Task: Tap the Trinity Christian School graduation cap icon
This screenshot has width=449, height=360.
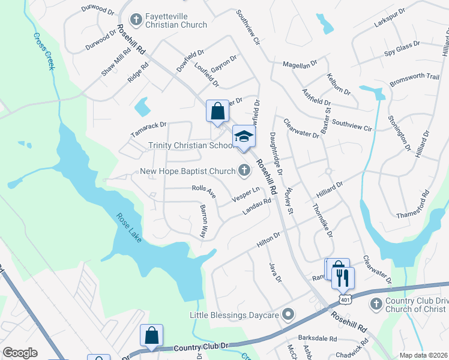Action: click(x=244, y=137)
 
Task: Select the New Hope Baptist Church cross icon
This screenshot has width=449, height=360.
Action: click(x=244, y=171)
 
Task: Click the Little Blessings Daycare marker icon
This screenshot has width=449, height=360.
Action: click(x=289, y=314)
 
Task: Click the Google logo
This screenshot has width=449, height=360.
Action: click(x=20, y=353)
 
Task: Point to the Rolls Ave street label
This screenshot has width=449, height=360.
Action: click(x=203, y=191)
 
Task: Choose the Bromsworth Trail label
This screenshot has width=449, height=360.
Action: click(x=415, y=76)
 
